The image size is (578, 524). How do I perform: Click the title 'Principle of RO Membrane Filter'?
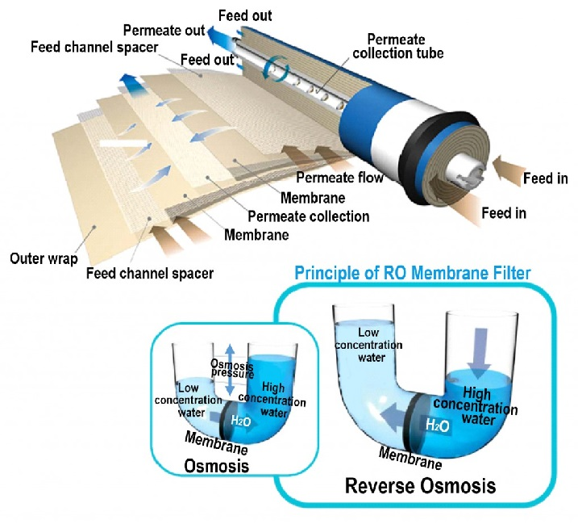click(412, 273)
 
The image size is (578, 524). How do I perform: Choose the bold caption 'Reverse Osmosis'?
click(420, 486)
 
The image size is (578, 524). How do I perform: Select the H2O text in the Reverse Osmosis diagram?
click(438, 425)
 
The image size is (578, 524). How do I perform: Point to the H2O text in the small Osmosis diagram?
click(242, 420)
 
